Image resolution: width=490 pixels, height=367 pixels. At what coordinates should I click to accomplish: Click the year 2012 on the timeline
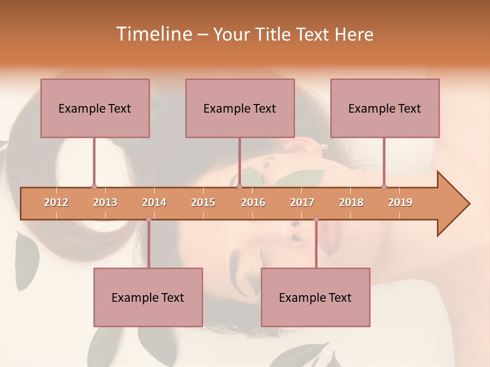coord(56,202)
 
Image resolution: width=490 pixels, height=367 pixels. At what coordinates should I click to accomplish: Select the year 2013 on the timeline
coord(105,202)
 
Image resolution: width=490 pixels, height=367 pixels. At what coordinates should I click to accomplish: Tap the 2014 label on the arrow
coord(154,202)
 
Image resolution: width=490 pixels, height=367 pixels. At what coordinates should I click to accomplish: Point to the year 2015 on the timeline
coord(203,202)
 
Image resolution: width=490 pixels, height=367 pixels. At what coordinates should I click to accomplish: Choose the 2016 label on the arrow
coord(253,202)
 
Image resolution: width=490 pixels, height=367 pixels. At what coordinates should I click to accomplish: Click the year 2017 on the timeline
coord(302,202)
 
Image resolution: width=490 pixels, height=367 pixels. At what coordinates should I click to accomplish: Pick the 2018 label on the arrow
coord(351,202)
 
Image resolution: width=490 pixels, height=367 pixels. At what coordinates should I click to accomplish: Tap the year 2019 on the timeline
coord(400,202)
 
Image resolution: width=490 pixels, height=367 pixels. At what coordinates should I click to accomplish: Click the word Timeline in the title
coord(153,34)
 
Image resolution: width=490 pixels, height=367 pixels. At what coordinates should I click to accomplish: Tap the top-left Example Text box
coord(95,108)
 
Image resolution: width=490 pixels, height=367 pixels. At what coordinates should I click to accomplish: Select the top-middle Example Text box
coord(240,108)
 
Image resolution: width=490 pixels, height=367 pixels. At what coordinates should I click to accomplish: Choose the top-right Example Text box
coord(385,108)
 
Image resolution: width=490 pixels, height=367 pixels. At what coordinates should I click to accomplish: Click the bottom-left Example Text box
coord(148,297)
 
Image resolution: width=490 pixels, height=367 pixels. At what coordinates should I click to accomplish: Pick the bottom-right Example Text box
coord(315,297)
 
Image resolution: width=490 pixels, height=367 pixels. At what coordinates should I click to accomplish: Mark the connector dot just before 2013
coord(94,187)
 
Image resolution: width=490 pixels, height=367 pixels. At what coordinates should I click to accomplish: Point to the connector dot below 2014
coord(149,219)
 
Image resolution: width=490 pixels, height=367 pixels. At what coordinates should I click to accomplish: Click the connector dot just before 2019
coord(384,187)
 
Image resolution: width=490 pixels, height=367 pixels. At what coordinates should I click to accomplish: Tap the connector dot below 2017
coord(316,219)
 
